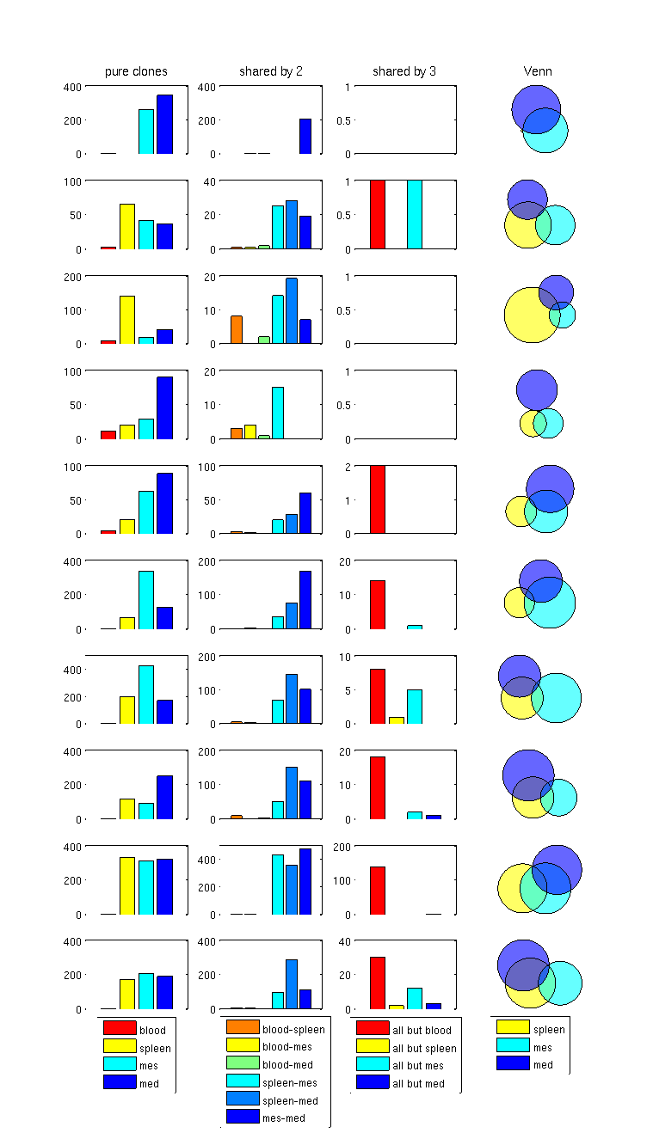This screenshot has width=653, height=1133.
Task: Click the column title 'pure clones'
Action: coord(136,71)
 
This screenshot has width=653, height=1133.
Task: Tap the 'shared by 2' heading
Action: coord(271,71)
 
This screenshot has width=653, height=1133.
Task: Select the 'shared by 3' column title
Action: coord(404,71)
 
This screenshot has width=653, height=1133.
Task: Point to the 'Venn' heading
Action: coord(538,71)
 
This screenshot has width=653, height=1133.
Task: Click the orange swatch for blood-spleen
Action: coord(243,1027)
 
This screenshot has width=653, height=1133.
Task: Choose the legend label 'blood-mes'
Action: coord(287,1047)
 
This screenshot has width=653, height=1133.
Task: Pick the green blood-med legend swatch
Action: coord(243,1063)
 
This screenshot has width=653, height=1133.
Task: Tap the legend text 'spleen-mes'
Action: coord(291,1082)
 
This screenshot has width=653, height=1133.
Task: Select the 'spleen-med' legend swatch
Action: coord(243,1099)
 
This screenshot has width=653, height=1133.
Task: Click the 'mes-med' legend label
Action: coord(284,1118)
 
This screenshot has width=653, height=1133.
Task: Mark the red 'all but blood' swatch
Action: coord(373,1028)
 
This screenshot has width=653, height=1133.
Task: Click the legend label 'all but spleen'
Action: coord(424,1048)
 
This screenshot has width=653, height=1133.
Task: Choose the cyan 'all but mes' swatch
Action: coord(373,1064)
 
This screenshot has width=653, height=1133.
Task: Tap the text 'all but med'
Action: coord(419,1083)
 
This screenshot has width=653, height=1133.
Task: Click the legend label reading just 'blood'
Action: coord(152,1030)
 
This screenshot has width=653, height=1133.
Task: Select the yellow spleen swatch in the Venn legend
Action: coord(513,1027)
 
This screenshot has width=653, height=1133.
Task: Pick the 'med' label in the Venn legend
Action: coord(543,1065)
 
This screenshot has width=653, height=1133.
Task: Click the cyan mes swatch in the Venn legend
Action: coord(513,1045)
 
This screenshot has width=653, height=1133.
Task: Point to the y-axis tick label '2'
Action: coord(348,466)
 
